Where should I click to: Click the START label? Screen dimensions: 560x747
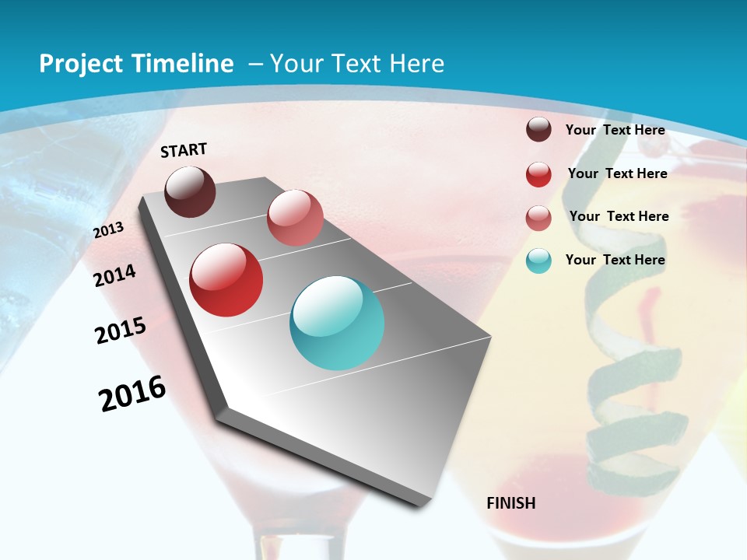184,150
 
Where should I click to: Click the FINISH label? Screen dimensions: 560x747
510,503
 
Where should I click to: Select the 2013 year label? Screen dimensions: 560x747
108,229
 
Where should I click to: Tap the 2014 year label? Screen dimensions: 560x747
115,275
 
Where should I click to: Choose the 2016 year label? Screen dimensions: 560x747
132,394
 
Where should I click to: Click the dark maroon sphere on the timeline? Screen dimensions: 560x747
190,191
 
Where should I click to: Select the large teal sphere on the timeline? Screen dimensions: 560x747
337,323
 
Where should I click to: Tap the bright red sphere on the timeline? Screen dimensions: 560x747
226,280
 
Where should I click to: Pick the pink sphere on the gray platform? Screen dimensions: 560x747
295,218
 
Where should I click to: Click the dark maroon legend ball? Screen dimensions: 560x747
538,129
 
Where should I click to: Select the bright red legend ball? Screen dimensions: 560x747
538,174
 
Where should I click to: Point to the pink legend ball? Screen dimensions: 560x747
538,218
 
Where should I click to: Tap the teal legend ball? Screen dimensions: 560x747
538,261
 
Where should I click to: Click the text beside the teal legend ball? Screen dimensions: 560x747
615,260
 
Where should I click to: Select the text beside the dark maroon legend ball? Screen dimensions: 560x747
615,130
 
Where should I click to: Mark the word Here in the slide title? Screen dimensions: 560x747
416,64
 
